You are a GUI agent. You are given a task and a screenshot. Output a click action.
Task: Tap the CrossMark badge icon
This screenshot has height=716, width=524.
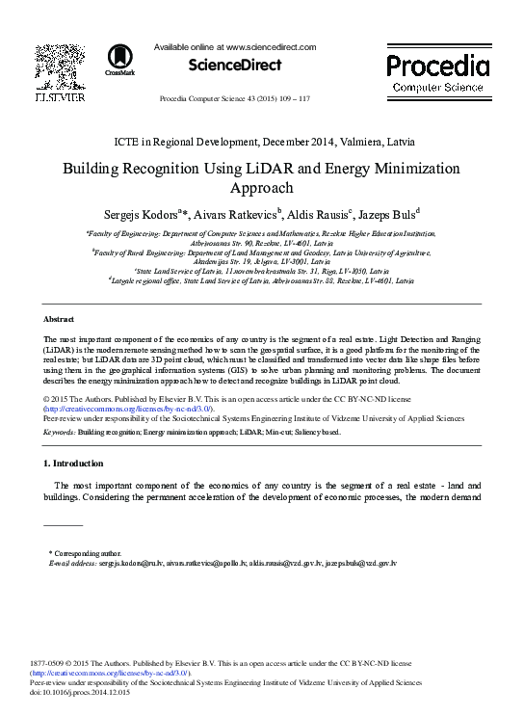120,59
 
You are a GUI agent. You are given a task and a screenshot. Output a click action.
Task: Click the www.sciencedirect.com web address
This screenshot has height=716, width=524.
271,46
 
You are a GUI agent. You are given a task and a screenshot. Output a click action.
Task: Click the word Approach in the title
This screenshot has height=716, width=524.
262,189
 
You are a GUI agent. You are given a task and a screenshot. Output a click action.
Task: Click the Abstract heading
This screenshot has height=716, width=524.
60,319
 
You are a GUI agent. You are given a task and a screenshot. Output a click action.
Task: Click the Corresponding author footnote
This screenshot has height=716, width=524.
89,554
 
